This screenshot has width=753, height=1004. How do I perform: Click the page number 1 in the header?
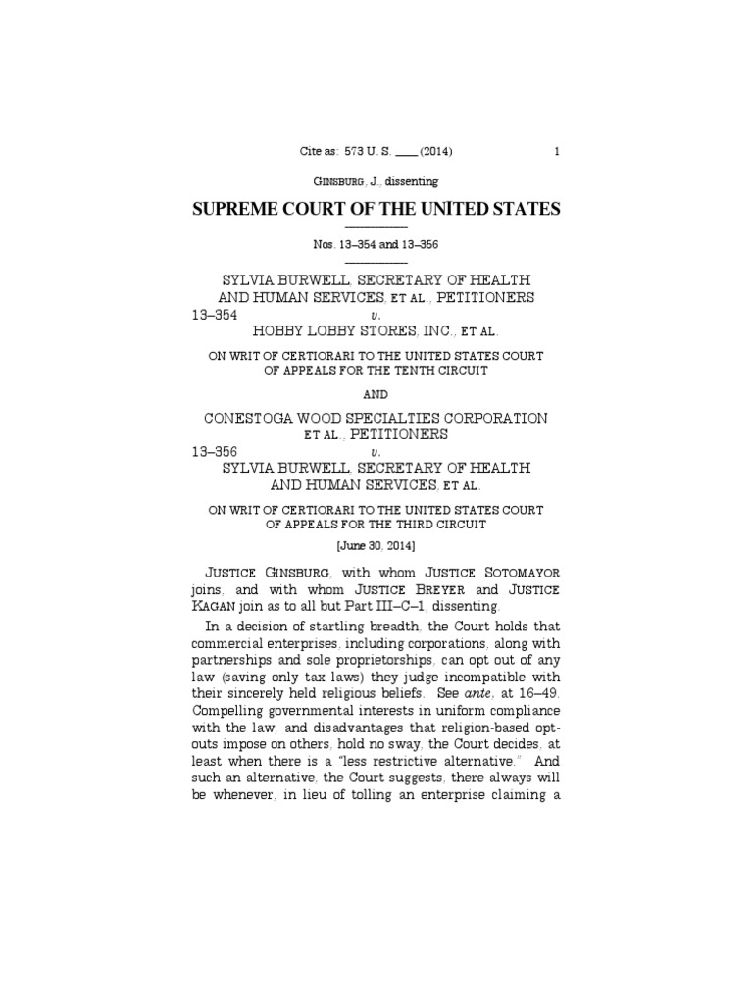tap(557, 152)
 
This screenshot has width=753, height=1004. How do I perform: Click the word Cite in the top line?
tap(309, 152)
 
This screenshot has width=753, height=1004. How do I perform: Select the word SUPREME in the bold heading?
tap(241, 209)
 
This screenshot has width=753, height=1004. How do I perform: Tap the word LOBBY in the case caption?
tap(337, 332)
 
